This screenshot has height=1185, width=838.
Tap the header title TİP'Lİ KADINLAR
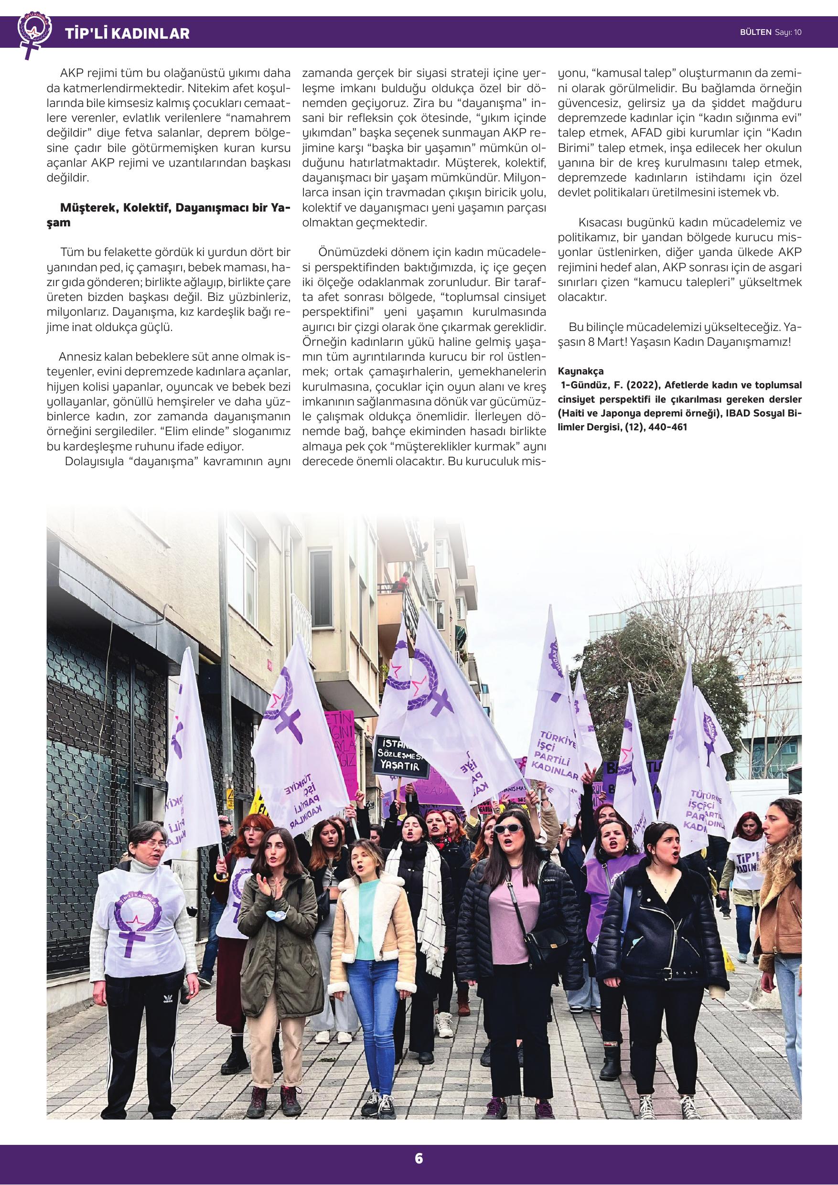[x=127, y=34]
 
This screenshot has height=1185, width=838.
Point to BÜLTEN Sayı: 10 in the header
[x=771, y=32]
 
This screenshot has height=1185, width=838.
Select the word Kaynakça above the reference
[x=580, y=371]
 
